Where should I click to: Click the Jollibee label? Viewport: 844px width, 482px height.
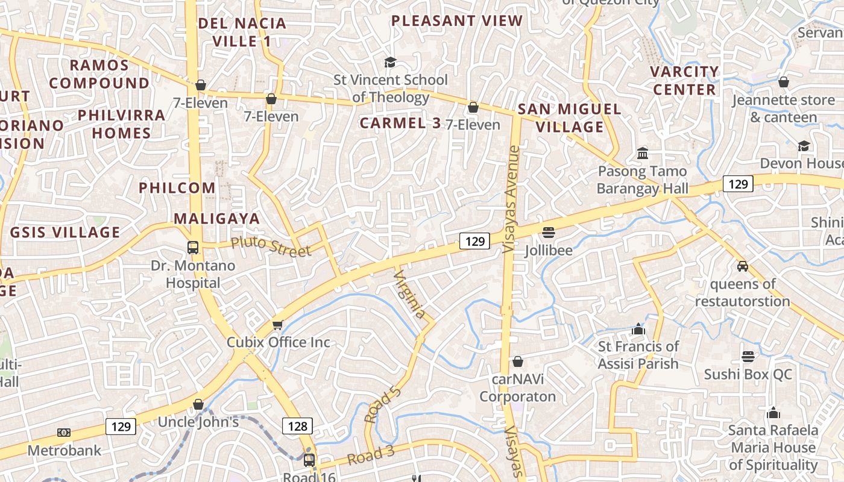pos(548,249)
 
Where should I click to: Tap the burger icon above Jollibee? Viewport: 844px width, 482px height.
pos(548,232)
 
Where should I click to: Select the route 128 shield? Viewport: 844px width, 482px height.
pos(297,427)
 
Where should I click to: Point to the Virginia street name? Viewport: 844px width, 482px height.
pos(410,295)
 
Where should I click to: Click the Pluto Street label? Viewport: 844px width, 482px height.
pos(271,246)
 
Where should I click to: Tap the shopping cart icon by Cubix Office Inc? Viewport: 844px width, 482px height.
pos(277,325)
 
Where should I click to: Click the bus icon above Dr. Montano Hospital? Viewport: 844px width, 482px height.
pos(193,248)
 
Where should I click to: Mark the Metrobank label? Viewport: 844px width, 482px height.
pos(65,450)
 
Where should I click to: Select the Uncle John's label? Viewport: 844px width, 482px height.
pos(198,422)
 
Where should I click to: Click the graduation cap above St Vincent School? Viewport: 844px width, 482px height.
pos(390,62)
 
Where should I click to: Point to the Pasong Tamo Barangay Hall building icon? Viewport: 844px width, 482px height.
pos(642,154)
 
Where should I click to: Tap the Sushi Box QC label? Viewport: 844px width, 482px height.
pos(748,374)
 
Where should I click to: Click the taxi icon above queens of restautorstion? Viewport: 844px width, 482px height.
pos(743,266)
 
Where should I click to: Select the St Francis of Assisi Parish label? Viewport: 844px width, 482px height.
pos(638,355)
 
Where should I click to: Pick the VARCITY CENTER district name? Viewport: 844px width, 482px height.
pos(684,81)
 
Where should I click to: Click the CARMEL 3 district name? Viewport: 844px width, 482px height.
pos(400,124)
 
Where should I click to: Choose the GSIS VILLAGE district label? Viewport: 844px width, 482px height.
pos(65,232)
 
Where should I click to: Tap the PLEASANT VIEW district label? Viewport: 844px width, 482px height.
pos(457,21)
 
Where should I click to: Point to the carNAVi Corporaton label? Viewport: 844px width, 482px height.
pos(517,387)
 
